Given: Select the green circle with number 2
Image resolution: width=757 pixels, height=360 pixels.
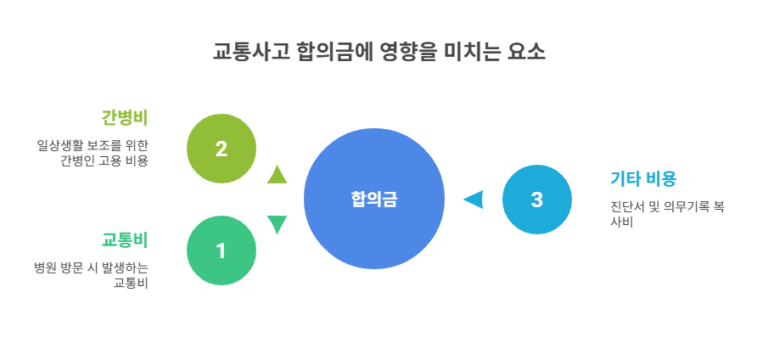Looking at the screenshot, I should tap(221, 149).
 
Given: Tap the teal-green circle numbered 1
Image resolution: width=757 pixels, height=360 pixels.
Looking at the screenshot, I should tap(221, 250).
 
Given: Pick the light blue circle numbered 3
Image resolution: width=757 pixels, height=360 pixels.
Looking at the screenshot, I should tap(536, 200).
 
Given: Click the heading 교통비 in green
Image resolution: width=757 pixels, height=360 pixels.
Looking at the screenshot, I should tap(125, 239).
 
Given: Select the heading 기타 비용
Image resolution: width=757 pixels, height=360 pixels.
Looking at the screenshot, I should tap(642, 178).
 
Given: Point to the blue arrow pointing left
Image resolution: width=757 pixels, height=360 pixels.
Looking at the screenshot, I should tap(473, 200).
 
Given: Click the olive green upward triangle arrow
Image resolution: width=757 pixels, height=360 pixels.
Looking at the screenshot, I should tap(277, 176).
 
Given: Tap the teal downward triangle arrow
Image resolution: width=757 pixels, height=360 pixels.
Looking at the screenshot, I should tap(277, 224).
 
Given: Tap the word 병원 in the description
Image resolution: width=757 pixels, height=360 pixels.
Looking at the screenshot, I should tap(45, 267).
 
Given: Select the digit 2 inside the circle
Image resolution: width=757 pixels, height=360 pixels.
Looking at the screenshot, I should tap(221, 149).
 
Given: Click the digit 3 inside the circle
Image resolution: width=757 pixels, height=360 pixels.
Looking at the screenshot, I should tap(536, 200).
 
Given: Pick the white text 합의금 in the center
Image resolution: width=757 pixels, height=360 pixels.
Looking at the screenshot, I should tap(373, 200).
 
